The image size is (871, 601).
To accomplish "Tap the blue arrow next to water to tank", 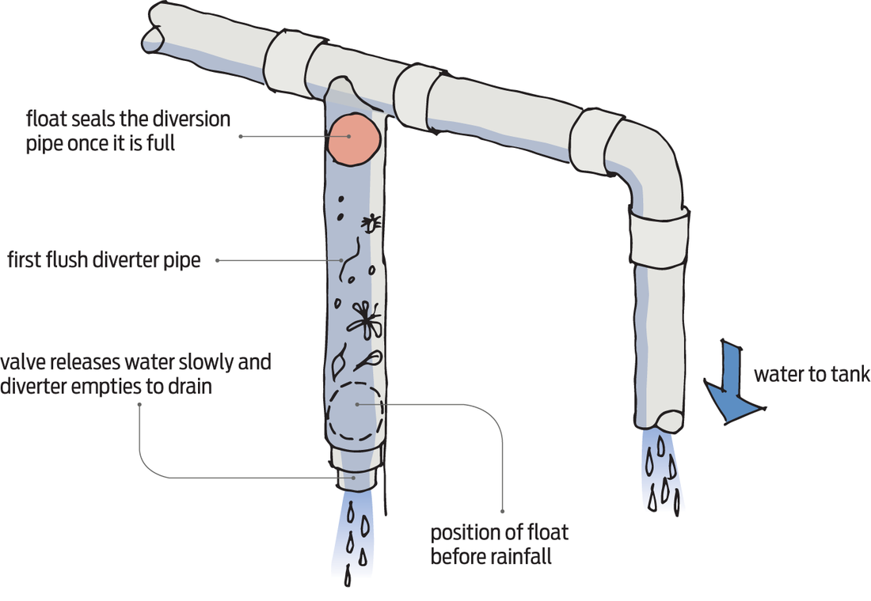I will point(732,379).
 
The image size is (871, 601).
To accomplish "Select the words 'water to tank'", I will point(811,374).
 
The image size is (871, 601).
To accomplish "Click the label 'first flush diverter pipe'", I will point(103,259).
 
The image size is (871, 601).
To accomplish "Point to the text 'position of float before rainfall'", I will point(499,544).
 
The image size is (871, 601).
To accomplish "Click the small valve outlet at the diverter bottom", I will point(355,478).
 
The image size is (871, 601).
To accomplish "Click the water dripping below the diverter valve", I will point(354,538).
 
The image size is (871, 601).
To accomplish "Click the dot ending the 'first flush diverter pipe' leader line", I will point(342,260).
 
